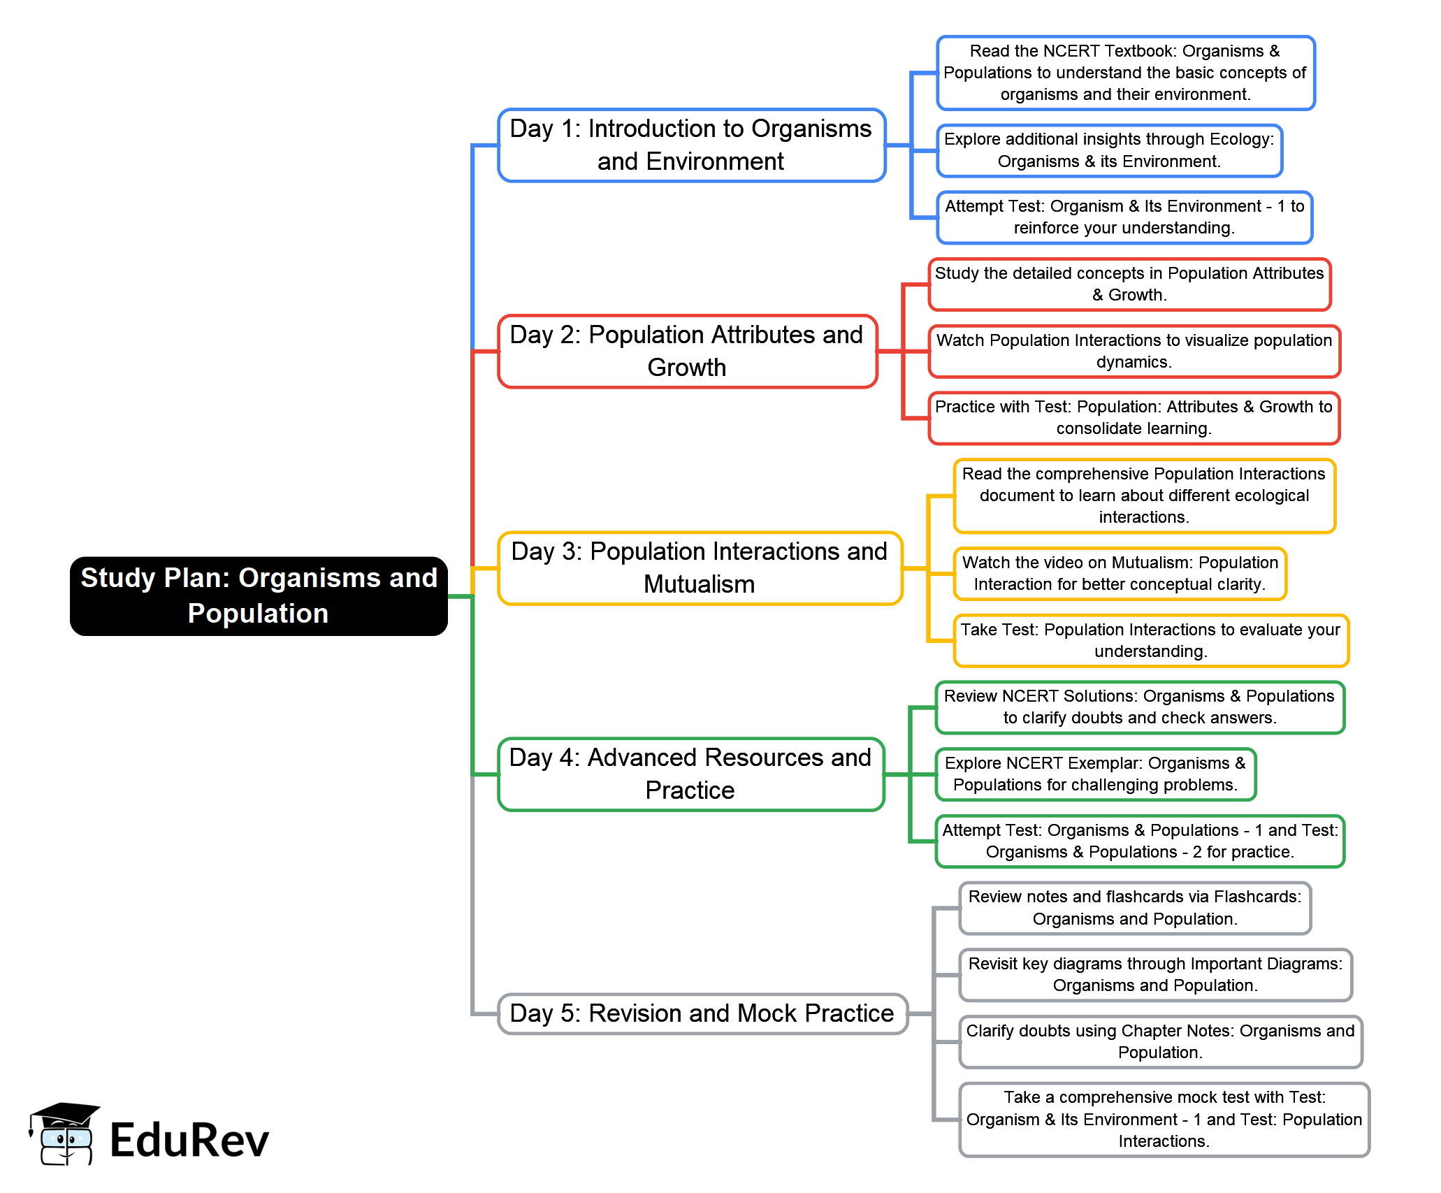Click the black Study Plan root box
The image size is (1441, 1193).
259,596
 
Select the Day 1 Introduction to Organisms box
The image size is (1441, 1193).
692,145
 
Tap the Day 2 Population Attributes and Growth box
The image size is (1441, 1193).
688,352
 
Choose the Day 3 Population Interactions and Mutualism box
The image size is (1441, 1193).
700,568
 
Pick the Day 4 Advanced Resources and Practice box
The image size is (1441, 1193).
691,774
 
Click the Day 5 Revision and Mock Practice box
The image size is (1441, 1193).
702,1013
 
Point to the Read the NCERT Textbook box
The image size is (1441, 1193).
1126,73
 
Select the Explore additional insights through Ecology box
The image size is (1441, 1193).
1110,150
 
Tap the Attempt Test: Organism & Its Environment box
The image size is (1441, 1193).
1125,217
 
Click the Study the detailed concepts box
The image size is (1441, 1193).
1130,284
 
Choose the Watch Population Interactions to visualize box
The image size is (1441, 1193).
1134,352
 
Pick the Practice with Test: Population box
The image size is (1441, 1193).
1134,418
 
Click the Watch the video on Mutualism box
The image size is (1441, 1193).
1120,574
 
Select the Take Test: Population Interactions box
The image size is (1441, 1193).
1151,641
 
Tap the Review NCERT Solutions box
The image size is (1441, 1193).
1141,707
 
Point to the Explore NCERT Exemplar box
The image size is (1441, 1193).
1096,774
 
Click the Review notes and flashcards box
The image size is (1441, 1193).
1136,908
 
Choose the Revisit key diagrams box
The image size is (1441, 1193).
1156,975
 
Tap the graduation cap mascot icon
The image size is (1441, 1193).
64,1134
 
